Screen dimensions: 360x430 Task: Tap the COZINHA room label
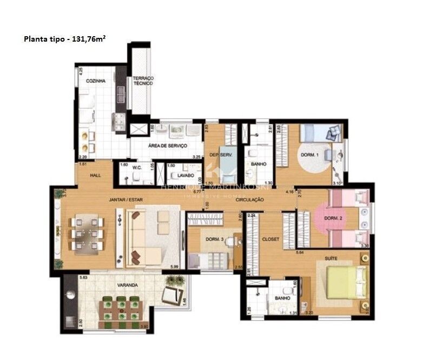tap(95, 81)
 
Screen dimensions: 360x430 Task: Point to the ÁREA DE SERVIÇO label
tap(167, 146)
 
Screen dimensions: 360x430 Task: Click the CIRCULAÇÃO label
tap(249, 199)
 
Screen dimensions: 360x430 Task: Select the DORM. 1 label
tap(310, 155)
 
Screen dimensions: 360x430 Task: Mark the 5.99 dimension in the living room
tap(173, 266)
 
